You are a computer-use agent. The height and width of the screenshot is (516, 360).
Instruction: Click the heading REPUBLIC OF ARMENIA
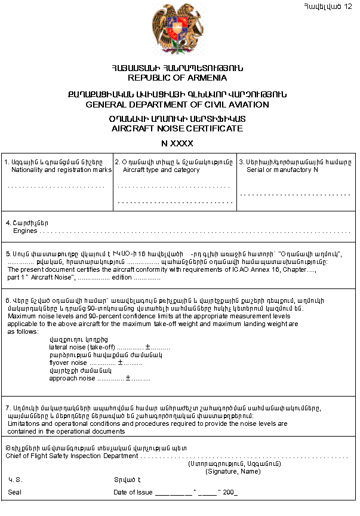(177, 78)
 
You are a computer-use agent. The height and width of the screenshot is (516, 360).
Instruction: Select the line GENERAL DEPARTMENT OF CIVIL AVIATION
(177, 105)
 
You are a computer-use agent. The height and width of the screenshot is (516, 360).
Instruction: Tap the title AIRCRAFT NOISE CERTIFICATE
(177, 128)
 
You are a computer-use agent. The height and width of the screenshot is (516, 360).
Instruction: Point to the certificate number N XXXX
(177, 144)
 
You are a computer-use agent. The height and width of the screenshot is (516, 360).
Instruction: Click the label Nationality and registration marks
(61, 170)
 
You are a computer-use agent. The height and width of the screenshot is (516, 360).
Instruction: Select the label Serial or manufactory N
(282, 170)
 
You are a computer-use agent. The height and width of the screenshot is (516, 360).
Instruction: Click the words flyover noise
(69, 363)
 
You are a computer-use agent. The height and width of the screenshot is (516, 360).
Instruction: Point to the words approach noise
(72, 378)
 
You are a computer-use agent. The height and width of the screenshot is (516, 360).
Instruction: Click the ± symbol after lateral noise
(147, 347)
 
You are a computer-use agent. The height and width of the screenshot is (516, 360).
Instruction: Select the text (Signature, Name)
(233, 471)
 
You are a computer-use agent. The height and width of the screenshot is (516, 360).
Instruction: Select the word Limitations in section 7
(24, 423)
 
